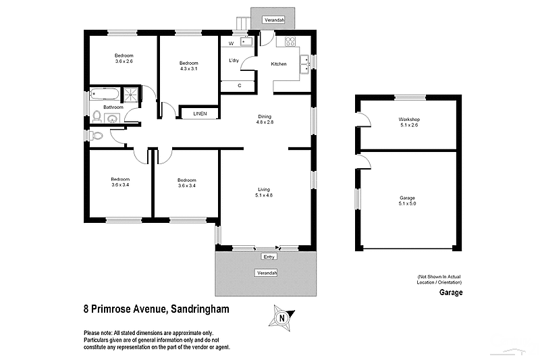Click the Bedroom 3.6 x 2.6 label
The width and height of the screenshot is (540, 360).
[124, 58]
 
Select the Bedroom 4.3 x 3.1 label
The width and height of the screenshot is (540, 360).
[189, 66]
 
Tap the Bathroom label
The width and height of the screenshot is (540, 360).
[113, 107]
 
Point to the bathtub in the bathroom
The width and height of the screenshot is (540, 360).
[105, 94]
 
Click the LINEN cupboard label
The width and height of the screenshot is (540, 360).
[200, 113]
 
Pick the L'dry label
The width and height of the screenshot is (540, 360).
[234, 61]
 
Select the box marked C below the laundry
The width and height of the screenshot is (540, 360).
[240, 86]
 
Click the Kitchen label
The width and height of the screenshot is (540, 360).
[279, 64]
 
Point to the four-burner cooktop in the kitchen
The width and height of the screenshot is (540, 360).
[291, 41]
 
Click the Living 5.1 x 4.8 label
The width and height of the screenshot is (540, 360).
[264, 192]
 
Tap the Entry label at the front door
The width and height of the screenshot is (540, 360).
[269, 257]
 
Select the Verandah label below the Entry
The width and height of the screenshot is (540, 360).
[265, 273]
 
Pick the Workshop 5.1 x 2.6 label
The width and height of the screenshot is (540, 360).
[410, 122]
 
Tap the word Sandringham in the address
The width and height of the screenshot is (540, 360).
[199, 309]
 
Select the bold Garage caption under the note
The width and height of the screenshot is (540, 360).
[451, 293]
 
